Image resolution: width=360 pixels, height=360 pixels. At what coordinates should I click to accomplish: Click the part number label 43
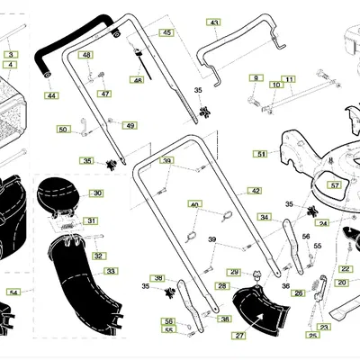(213, 22)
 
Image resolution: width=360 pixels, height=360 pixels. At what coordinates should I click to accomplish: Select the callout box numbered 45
(166, 32)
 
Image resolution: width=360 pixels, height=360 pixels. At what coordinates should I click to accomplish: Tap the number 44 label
(50, 95)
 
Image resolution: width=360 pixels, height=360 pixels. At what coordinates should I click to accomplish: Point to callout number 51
(261, 155)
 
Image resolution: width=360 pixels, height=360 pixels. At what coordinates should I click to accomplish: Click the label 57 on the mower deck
(335, 185)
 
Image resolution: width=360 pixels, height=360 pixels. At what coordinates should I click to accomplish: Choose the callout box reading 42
(255, 191)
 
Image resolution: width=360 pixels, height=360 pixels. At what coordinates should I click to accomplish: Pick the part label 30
(96, 193)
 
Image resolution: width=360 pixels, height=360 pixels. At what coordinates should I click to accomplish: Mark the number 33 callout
(111, 270)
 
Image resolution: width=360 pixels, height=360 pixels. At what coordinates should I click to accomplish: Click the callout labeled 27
(239, 336)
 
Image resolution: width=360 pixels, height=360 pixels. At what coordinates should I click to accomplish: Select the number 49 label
(130, 125)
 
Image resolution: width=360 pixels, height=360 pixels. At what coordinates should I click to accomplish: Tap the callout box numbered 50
(62, 130)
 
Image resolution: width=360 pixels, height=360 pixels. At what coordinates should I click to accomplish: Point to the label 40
(193, 205)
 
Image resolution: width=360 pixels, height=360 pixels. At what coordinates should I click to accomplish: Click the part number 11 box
(289, 79)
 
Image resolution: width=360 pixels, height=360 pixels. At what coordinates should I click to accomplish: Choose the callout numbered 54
(13, 292)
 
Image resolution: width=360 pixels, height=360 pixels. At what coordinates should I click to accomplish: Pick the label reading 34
(264, 217)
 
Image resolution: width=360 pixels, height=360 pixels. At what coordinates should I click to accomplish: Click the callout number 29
(234, 271)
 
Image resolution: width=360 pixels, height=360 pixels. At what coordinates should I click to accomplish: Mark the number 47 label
(105, 94)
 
